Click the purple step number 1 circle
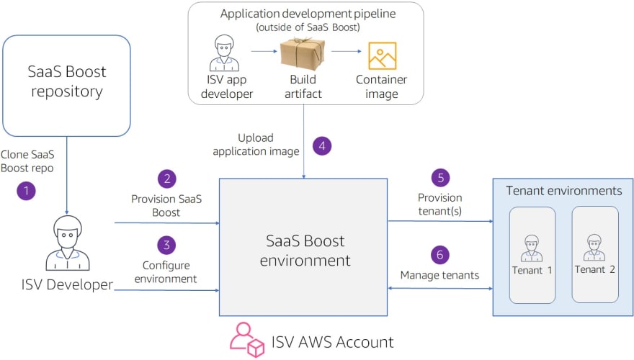click(26, 191)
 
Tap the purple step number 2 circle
click(167, 179)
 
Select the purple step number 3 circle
click(166, 245)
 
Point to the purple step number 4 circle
click(322, 146)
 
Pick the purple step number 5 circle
click(441, 177)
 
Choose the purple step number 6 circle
click(440, 255)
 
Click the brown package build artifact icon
click(303, 54)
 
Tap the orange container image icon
click(382, 55)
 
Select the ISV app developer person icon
click(224, 53)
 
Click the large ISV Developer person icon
click(68, 243)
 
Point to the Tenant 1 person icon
click(532, 248)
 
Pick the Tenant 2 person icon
click(594, 247)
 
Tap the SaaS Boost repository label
click(67, 81)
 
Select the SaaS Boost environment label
click(305, 251)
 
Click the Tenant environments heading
click(564, 191)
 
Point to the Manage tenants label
click(439, 275)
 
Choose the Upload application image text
click(256, 145)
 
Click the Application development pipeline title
click(308, 14)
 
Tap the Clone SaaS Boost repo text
click(27, 161)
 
